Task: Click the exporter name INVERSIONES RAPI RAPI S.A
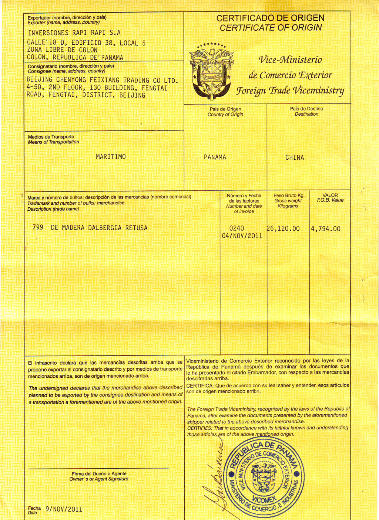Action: point(74,33)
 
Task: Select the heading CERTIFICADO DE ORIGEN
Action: point(270,18)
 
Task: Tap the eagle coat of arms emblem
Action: point(211,72)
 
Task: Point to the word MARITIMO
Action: point(111,157)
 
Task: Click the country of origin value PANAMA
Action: point(215,157)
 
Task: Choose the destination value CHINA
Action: point(295,158)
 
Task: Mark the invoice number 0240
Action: point(237,228)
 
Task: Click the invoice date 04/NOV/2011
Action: point(242,236)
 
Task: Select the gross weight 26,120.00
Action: point(284,229)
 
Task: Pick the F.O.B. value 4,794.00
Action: point(326,229)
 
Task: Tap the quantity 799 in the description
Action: point(38,228)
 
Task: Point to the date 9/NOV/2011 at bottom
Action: point(64,509)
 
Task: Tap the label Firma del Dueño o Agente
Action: point(99,474)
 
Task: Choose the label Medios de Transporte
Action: point(51,137)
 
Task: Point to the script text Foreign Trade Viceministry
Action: point(290,91)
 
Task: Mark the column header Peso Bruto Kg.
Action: point(289,196)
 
